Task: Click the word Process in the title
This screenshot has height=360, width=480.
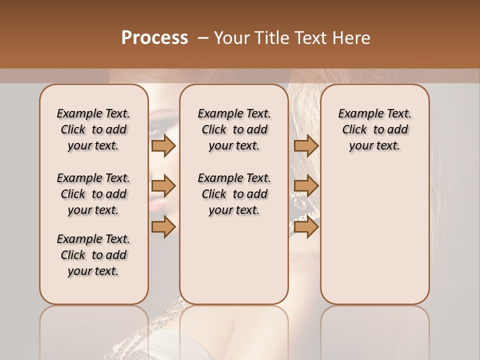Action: click(x=154, y=38)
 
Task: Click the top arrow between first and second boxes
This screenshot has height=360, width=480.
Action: click(x=163, y=145)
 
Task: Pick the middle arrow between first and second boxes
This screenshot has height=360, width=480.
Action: click(x=163, y=186)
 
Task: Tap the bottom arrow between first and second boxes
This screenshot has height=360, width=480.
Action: click(x=163, y=226)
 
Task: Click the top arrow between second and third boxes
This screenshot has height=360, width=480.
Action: click(x=306, y=145)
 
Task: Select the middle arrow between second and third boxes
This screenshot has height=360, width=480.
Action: click(x=306, y=186)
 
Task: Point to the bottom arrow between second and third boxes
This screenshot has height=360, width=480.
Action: click(x=306, y=226)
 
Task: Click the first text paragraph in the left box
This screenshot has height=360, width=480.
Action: click(x=93, y=129)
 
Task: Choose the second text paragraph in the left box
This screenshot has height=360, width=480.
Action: click(x=93, y=194)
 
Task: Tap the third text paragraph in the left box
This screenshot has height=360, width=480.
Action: click(x=93, y=255)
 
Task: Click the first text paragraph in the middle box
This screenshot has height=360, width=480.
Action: click(x=234, y=129)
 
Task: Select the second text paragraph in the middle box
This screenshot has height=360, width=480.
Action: click(x=234, y=194)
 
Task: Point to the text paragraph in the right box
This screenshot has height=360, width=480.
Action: click(x=375, y=129)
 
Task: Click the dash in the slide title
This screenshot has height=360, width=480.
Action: click(x=203, y=38)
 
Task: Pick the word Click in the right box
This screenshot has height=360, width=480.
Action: click(x=354, y=130)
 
